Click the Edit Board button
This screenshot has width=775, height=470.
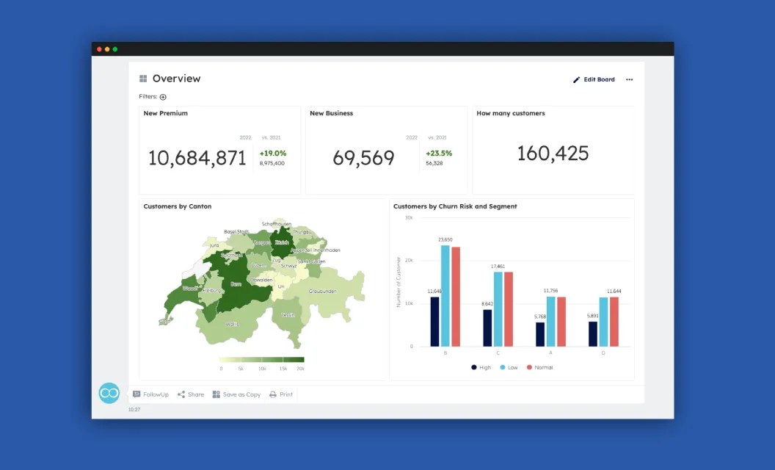coord(594,79)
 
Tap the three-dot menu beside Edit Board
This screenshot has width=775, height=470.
coord(629,79)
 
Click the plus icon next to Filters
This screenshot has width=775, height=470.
coord(163,97)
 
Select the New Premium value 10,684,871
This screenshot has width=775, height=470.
coord(197,158)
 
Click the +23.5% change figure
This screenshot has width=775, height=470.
coord(439,153)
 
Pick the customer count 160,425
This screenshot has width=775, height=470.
coord(553,153)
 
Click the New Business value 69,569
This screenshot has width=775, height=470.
coord(363,158)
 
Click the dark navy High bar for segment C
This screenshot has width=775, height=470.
coord(487,328)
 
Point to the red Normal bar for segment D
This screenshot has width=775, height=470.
coord(614,321)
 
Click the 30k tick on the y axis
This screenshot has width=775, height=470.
coord(408,218)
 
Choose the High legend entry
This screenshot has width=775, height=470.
coord(481,367)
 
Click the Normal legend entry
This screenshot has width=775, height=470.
coord(539,367)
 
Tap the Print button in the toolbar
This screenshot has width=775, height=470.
coord(281,394)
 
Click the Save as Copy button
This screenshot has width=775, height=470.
coord(236,394)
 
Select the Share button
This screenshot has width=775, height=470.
coord(191,394)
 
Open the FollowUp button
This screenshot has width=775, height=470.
coord(150,394)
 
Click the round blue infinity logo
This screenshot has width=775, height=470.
coord(109,393)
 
